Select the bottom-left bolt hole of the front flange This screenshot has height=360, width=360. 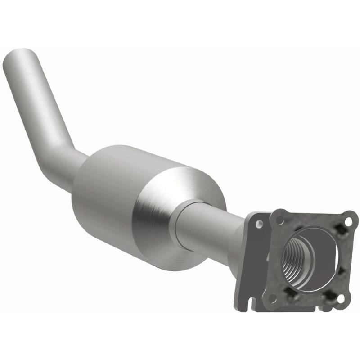pyautogui.click(x=272, y=297)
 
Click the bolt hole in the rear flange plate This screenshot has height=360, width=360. pyautogui.click(x=258, y=223)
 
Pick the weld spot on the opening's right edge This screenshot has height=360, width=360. pyautogui.click(x=341, y=270)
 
